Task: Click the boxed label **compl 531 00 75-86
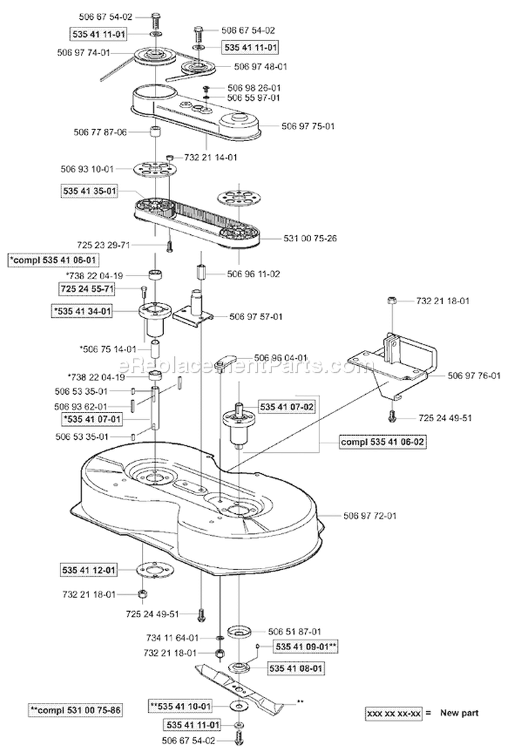tap(76, 710)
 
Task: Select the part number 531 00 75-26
tap(309, 238)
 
